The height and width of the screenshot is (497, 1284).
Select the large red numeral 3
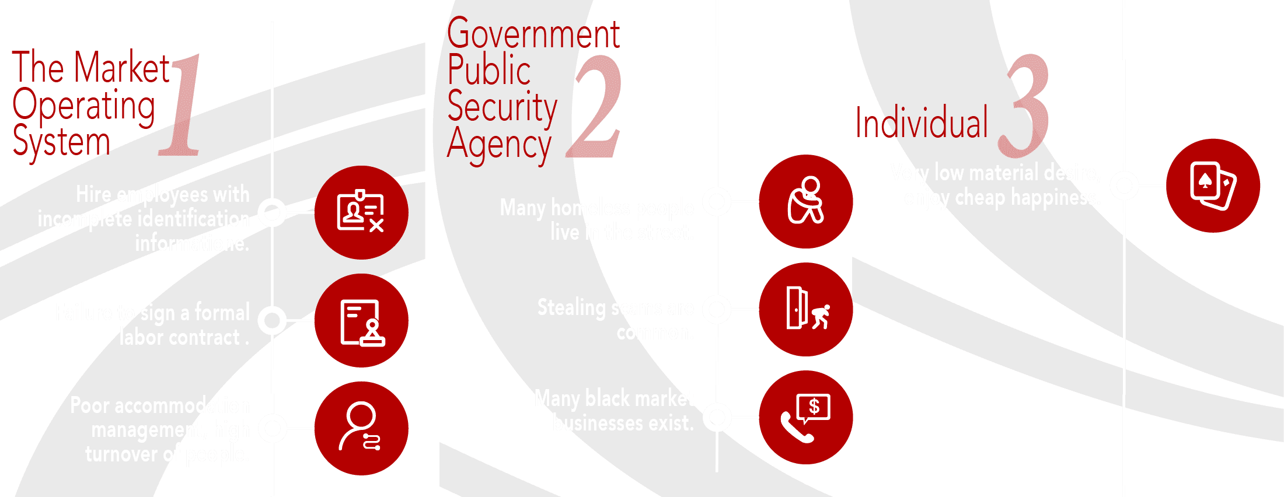[x=1024, y=105]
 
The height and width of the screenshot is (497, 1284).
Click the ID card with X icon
[x=361, y=212]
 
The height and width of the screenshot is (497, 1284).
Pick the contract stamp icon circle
[x=361, y=321]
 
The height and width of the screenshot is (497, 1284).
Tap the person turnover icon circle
[x=361, y=428]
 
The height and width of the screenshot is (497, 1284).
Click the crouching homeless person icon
[x=805, y=201]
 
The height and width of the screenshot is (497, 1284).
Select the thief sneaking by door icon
[x=805, y=309]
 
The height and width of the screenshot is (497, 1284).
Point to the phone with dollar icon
[x=805, y=418]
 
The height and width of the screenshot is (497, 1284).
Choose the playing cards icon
[x=1213, y=185]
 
